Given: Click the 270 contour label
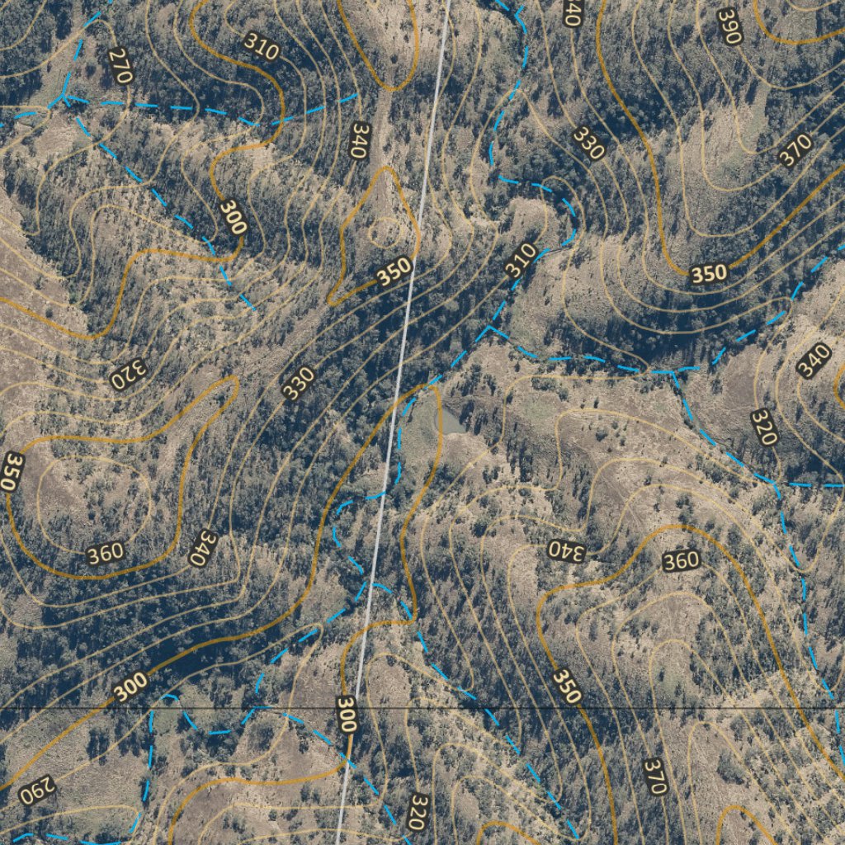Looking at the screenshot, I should (120, 66).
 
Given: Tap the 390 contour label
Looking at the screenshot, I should (729, 26).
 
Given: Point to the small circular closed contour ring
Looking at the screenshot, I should (384, 233).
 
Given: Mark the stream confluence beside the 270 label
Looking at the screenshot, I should (64, 97).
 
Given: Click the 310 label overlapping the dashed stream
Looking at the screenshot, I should (521, 260).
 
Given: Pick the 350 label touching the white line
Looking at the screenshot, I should (394, 271).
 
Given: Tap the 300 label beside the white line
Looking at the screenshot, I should (347, 715).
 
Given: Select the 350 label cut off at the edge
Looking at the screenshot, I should (12, 472).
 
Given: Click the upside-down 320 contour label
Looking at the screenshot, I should (127, 375).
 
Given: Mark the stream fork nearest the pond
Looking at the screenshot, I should (489, 328).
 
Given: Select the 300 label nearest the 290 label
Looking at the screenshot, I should (130, 686).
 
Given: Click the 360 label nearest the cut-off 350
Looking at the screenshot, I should (106, 554).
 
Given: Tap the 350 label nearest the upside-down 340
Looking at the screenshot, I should (566, 686).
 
